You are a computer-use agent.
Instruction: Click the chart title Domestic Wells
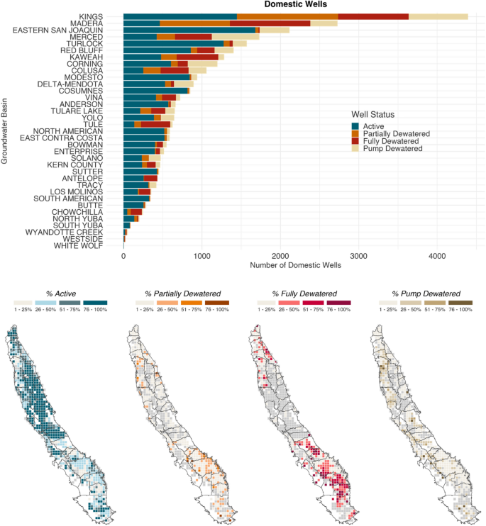click(295, 4)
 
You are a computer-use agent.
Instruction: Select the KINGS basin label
click(91, 17)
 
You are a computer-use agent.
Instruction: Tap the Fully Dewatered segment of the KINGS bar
click(373, 17)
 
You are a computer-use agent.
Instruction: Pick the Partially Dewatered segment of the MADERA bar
click(194, 23)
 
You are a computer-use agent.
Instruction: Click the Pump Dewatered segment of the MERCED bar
click(236, 37)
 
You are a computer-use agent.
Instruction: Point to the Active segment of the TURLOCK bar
click(174, 44)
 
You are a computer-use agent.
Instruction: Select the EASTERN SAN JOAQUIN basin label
click(57, 30)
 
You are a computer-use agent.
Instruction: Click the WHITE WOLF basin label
click(78, 246)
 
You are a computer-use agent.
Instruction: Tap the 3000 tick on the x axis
click(358, 257)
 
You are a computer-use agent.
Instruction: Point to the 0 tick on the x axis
click(123, 257)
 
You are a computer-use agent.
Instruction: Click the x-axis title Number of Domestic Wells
click(295, 265)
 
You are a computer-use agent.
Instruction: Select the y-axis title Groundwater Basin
click(4, 131)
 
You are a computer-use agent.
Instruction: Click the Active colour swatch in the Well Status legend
click(355, 126)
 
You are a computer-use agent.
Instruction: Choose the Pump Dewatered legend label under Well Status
click(392, 149)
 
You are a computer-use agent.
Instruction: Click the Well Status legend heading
click(373, 115)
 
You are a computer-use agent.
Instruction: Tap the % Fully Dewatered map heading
click(304, 294)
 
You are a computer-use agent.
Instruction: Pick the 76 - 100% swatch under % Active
click(95, 303)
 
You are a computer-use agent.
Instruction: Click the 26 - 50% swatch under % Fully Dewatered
click(289, 303)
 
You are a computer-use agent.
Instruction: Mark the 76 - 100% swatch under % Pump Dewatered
click(460, 303)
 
